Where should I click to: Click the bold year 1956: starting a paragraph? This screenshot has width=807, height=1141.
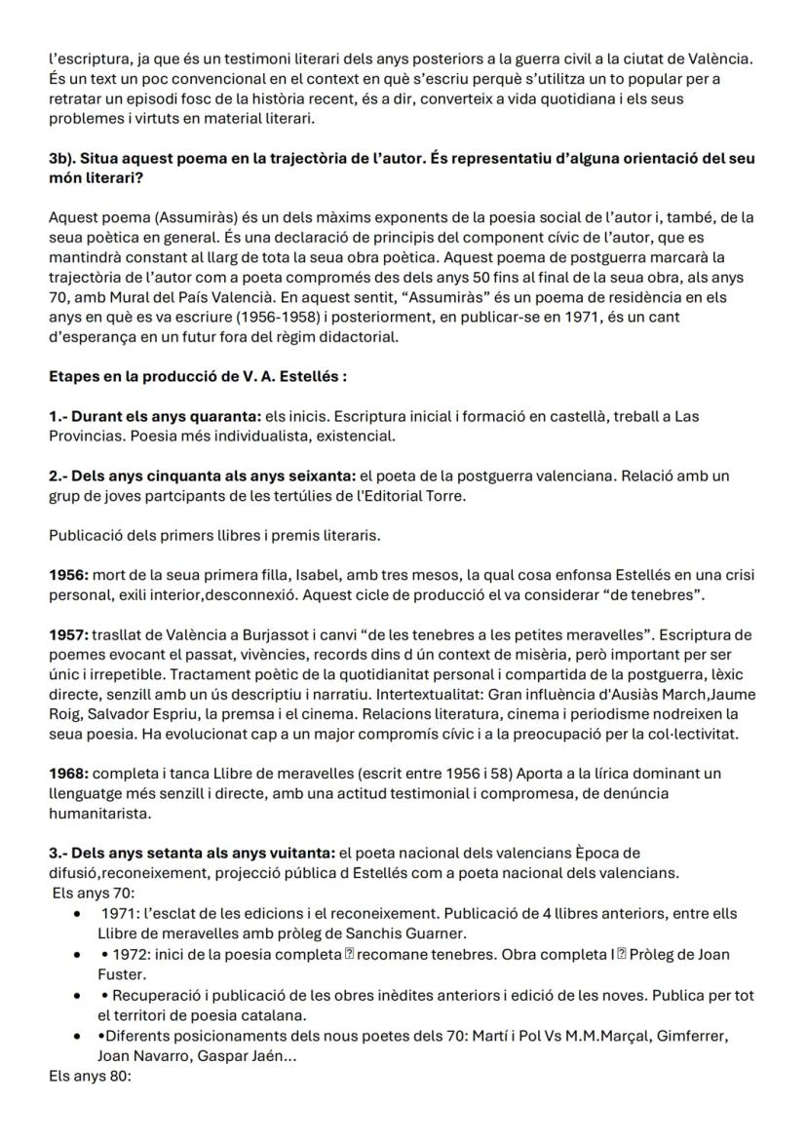tap(69, 575)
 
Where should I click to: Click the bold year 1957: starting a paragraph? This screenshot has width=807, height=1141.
tap(69, 634)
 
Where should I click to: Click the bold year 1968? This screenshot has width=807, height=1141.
tap(69, 774)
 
